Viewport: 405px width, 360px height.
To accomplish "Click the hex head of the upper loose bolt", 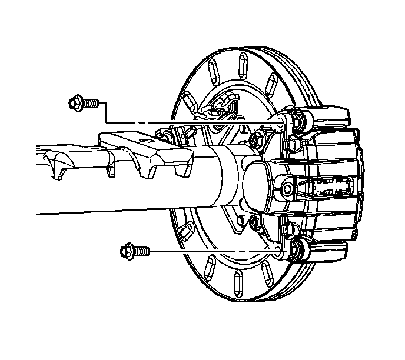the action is click(x=75, y=104).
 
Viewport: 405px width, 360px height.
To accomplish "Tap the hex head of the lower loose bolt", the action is click(x=127, y=251).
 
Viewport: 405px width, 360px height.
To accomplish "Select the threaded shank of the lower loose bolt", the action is click(x=142, y=251).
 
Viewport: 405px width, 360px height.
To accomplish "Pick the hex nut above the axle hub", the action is click(x=257, y=139).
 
